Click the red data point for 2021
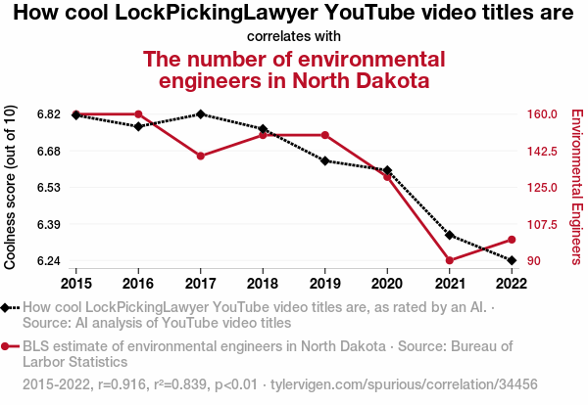pos(450,260)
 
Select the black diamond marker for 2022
pos(512,260)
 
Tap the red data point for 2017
pos(200,156)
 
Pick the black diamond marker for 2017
pos(200,114)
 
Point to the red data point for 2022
pos(512,240)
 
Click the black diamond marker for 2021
pos(450,235)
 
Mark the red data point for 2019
pos(324,135)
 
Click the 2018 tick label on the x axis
pos(263,283)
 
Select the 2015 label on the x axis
pos(75,283)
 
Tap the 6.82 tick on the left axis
pos(50,114)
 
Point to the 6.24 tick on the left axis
pos(50,261)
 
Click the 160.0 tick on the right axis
pos(542,114)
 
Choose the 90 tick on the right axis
pos(534,261)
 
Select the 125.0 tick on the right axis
pos(542,188)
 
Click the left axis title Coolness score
pos(11,187)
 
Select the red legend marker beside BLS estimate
pos(8,346)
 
